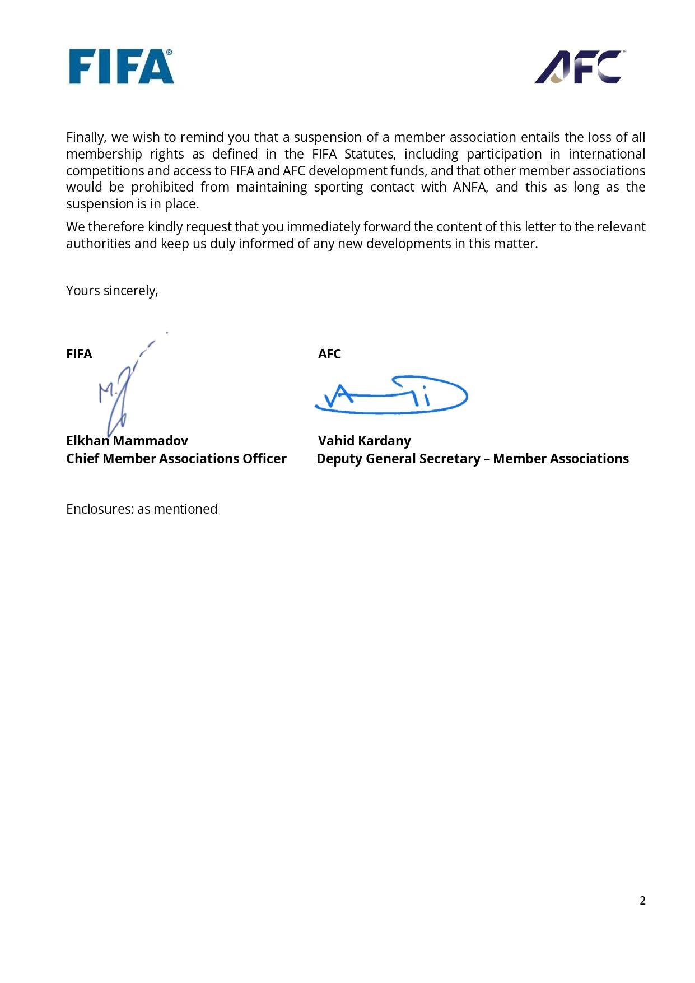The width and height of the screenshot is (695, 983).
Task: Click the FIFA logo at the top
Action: (121, 67)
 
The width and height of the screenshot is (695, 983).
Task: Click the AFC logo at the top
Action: (579, 67)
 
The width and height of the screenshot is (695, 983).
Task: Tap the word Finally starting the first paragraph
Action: (86, 137)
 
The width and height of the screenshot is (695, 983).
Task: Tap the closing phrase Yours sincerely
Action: (112, 291)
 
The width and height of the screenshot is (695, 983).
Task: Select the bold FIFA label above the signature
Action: (79, 354)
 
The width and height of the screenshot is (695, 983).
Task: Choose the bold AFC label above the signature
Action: (329, 354)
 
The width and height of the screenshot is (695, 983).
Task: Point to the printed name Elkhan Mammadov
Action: (127, 441)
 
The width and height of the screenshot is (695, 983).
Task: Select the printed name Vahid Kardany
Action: (365, 441)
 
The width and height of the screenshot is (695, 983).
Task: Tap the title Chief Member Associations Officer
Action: (176, 459)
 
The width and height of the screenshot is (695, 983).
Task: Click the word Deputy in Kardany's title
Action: (339, 459)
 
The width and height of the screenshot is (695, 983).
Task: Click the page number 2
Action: (642, 901)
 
